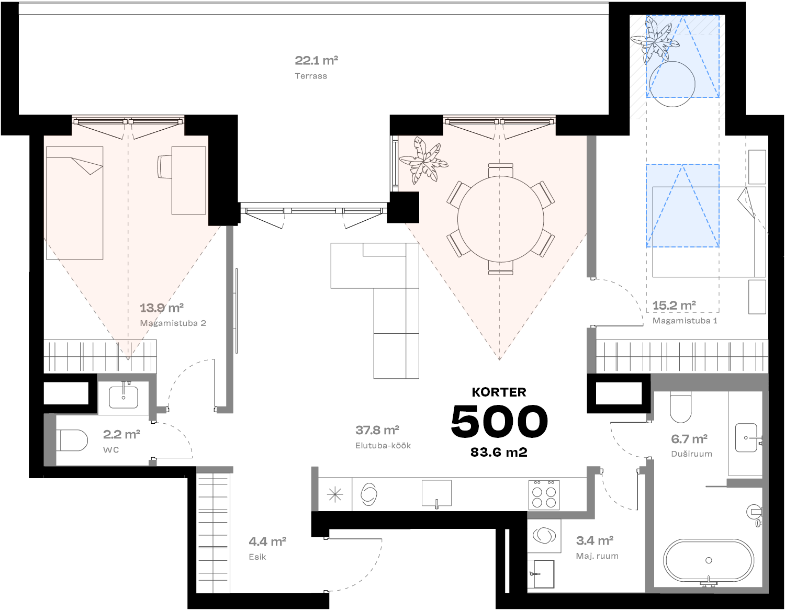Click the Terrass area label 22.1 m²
(316, 61)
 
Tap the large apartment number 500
(499, 422)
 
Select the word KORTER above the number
(499, 392)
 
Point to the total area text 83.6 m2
(499, 453)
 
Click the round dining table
(500, 219)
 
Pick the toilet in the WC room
(73, 440)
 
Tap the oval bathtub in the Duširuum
(709, 560)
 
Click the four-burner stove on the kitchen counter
(544, 494)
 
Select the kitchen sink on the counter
(436, 493)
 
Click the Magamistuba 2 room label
(173, 323)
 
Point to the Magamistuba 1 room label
(685, 321)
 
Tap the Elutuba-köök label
(383, 446)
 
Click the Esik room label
(257, 557)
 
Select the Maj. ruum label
(597, 556)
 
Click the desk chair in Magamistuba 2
(164, 166)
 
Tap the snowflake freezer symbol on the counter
(335, 494)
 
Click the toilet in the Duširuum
(680, 407)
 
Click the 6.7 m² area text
(689, 439)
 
